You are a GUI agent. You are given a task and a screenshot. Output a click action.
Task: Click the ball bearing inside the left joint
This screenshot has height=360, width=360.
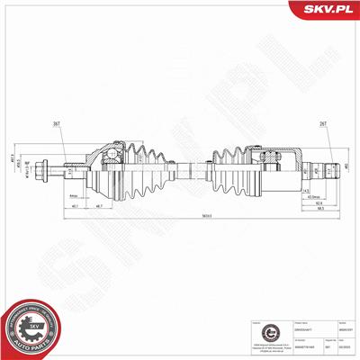click(x=109, y=162)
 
